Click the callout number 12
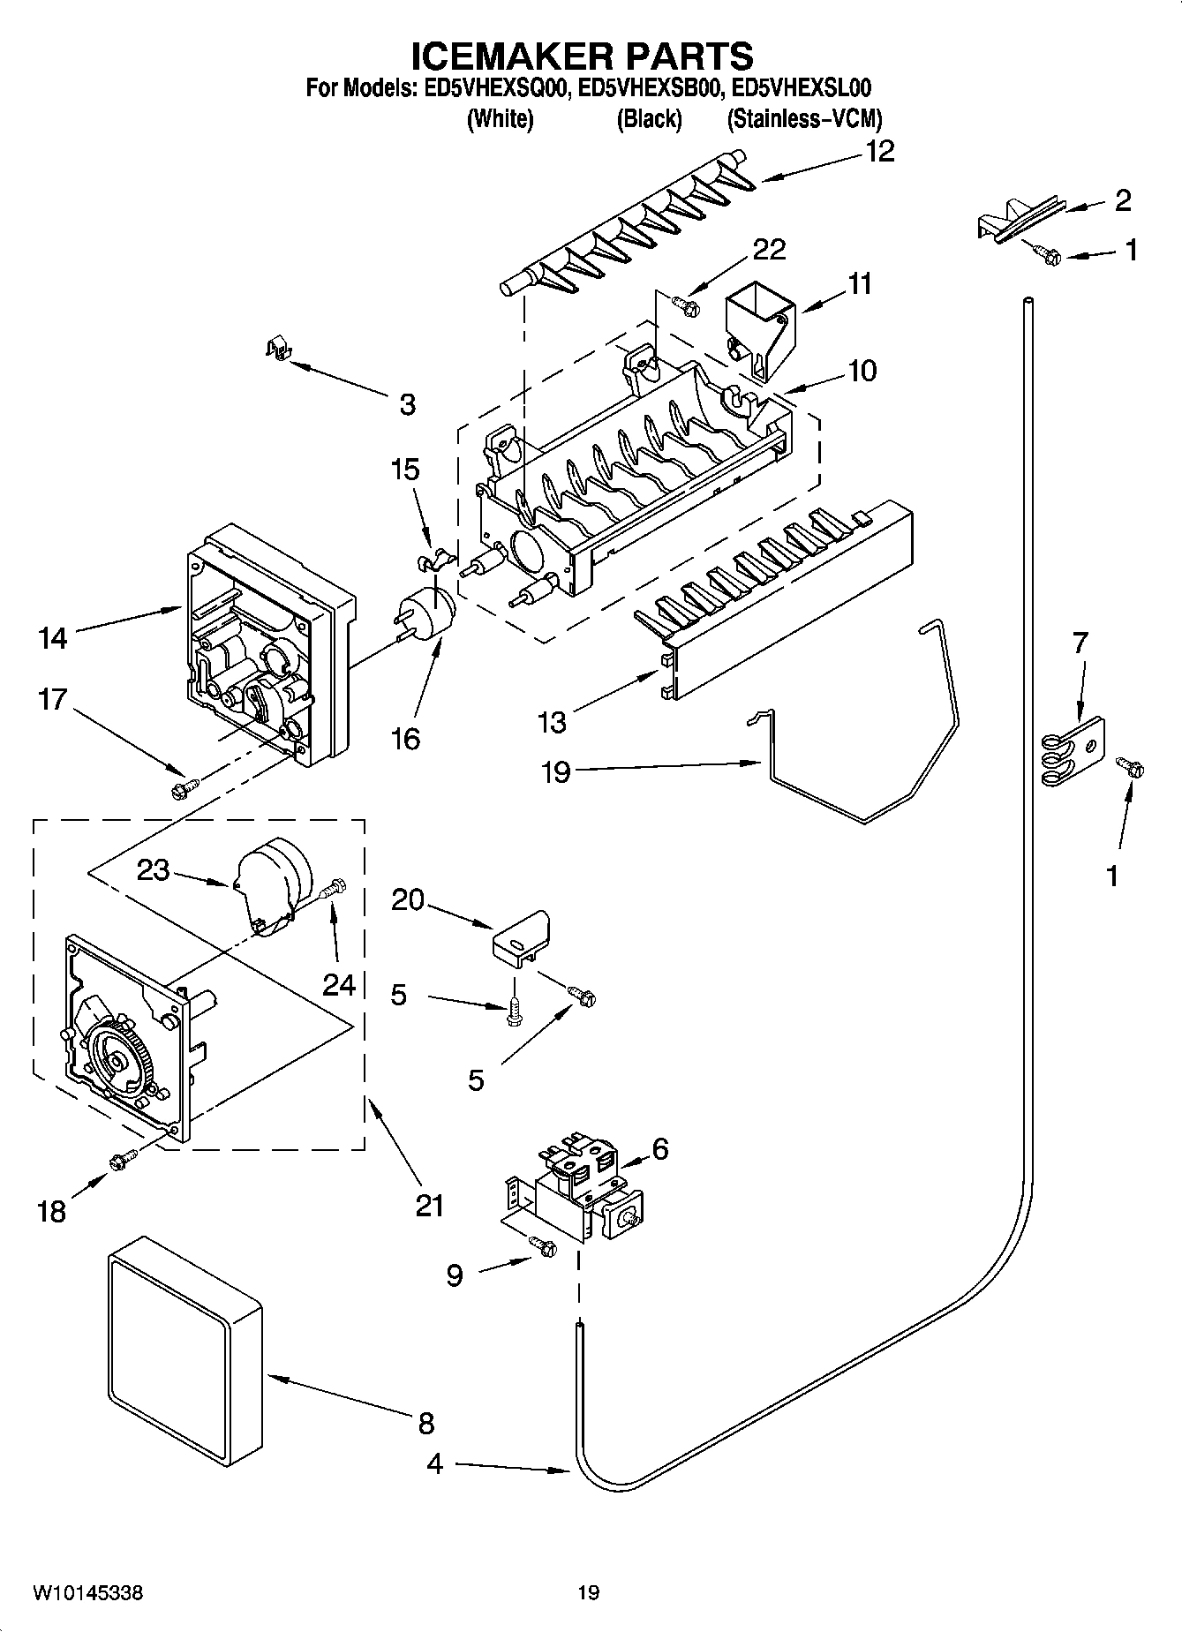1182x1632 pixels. coord(879,152)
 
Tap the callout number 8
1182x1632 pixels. coord(426,1423)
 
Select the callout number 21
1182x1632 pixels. coord(430,1205)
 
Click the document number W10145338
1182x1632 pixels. coord(88,1592)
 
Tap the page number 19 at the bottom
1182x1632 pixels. coord(589,1592)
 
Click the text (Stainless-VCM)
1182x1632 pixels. coord(803,119)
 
